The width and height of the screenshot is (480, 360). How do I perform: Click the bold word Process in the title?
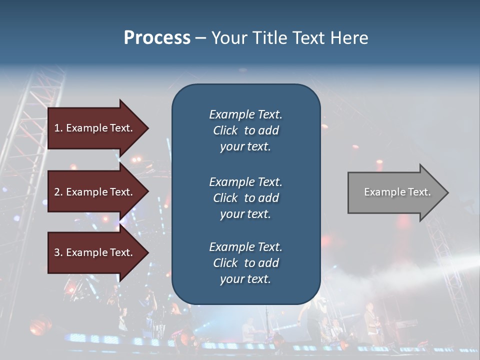pos(157,38)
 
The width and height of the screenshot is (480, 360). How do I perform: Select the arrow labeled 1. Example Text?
pos(95,128)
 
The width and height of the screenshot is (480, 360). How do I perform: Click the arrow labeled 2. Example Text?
pos(95,192)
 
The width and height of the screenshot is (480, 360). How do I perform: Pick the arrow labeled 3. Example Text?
pos(95,252)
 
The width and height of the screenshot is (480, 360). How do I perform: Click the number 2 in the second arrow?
pos(57,192)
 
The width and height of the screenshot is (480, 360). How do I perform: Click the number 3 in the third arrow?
pos(57,252)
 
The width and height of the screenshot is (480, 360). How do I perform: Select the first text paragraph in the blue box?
pos(245,130)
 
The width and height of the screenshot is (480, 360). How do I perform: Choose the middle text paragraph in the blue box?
pos(245,198)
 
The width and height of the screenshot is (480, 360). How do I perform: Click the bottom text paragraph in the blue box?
pos(245,263)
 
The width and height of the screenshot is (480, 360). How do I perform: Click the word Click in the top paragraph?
pos(225,130)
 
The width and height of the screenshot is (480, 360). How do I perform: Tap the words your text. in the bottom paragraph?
pos(245,279)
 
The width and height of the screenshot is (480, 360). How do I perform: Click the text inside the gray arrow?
pos(397,192)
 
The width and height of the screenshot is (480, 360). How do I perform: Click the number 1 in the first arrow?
pos(57,128)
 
